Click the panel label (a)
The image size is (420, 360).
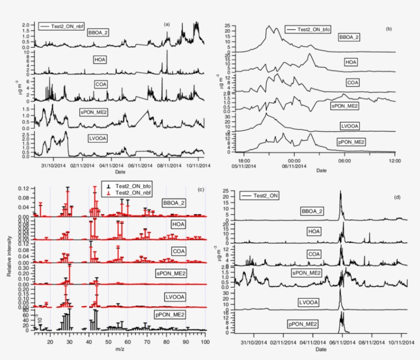(x=166, y=24)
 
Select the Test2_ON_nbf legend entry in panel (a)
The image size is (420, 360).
(x=60, y=26)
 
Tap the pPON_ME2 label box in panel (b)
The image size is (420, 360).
(x=351, y=142)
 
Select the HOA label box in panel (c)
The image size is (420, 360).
(x=177, y=224)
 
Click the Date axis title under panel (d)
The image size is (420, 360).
(x=321, y=349)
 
